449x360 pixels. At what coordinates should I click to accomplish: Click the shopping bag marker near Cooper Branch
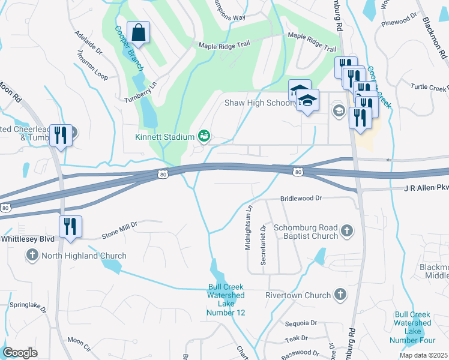(x=138, y=34)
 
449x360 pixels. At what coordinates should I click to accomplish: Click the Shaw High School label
(x=258, y=103)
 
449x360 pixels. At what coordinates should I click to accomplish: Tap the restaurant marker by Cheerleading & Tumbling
(x=60, y=135)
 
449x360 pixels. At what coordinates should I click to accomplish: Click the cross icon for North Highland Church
(x=32, y=256)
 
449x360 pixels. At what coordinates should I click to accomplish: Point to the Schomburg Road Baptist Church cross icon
(x=346, y=230)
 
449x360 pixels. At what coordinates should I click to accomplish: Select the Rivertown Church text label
(x=298, y=295)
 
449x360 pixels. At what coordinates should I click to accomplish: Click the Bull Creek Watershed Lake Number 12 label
(x=226, y=300)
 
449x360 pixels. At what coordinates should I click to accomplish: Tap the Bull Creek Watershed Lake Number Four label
(x=413, y=328)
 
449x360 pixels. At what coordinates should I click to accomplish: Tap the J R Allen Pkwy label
(x=426, y=188)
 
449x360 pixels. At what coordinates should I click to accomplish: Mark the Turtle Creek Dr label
(x=429, y=88)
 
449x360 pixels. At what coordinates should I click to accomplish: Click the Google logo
(x=20, y=352)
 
